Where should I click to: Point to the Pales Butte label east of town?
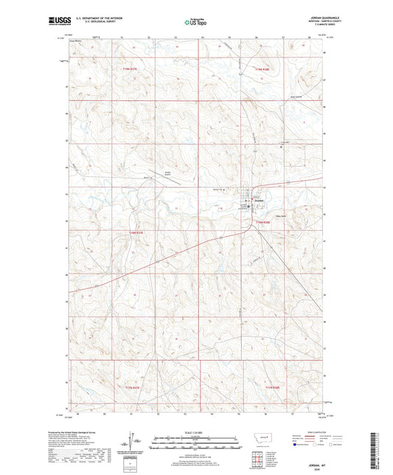click(279, 216)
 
